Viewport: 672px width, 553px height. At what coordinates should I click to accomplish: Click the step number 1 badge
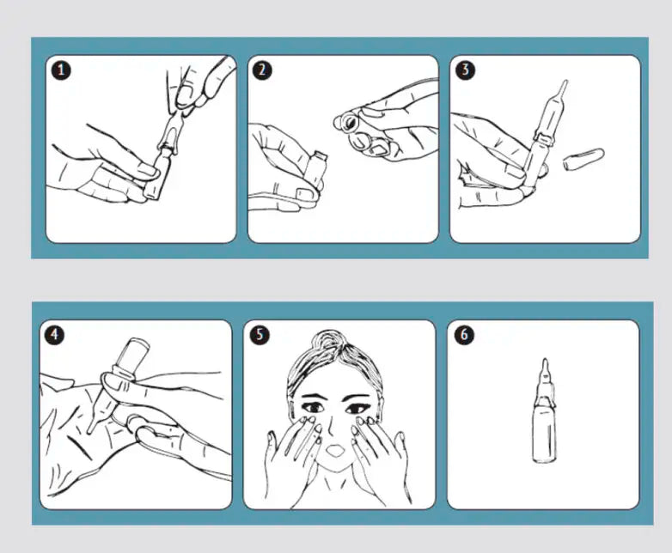(x=61, y=70)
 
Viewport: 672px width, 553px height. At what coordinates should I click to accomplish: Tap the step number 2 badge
(x=262, y=70)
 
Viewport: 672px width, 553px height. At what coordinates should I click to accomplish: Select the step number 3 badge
(x=465, y=70)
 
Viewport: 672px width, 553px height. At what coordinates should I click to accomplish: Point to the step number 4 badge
(x=54, y=335)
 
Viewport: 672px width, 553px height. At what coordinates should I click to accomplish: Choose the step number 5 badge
(x=260, y=335)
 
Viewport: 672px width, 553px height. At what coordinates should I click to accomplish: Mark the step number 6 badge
(x=464, y=335)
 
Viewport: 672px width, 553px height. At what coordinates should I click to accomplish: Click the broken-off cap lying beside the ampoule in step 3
(x=583, y=158)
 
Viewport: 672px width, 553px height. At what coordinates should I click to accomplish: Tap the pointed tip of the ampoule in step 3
(x=565, y=82)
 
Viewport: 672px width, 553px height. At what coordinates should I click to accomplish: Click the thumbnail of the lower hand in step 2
(x=304, y=194)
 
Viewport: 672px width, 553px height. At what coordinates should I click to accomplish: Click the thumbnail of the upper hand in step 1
(x=186, y=94)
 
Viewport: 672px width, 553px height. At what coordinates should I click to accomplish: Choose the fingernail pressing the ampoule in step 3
(x=515, y=173)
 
